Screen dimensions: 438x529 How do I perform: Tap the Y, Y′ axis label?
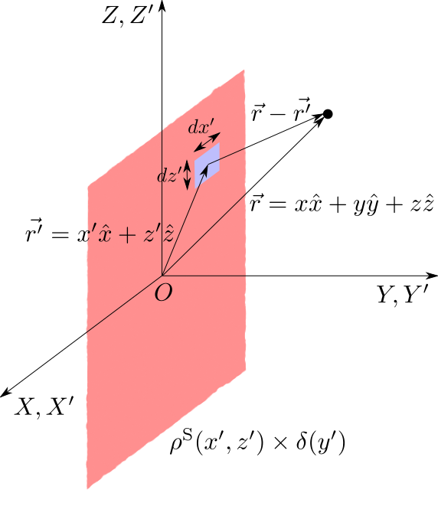(x=403, y=295)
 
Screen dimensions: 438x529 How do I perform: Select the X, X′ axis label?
(x=44, y=407)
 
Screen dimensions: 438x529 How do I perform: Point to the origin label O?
(x=164, y=292)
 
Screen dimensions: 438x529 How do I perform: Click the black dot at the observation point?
(x=328, y=114)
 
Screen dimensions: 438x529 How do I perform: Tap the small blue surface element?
(x=208, y=165)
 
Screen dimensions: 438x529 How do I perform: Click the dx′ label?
(x=201, y=126)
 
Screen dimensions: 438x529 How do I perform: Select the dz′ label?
(x=170, y=175)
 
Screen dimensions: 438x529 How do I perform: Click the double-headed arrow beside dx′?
(x=208, y=142)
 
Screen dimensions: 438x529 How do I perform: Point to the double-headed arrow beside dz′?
(x=188, y=175)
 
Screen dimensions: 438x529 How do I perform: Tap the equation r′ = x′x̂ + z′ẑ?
(x=100, y=233)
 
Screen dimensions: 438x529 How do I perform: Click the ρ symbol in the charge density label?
(x=175, y=446)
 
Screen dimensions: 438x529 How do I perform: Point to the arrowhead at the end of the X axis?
(x=6, y=393)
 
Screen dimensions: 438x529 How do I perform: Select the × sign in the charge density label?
(x=280, y=444)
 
